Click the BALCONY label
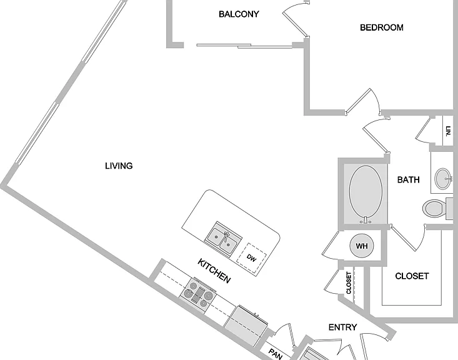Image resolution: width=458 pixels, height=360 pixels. pyautogui.click(x=239, y=14)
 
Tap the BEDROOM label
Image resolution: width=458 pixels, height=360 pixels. pyautogui.click(x=382, y=27)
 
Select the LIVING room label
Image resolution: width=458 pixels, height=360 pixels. pyautogui.click(x=119, y=166)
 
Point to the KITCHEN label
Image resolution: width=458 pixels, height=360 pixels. pyautogui.click(x=214, y=271)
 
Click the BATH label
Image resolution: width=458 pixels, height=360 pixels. pyautogui.click(x=409, y=179)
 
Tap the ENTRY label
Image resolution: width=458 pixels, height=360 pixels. pyautogui.click(x=342, y=327)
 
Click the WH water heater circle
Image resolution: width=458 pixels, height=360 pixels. pyautogui.click(x=362, y=246)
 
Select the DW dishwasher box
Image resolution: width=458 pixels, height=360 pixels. pyautogui.click(x=251, y=258)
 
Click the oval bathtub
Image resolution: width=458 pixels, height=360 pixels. pyautogui.click(x=366, y=194)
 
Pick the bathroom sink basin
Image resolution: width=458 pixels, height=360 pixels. pyautogui.click(x=442, y=179)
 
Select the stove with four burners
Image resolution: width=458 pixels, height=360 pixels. pyautogui.click(x=197, y=293)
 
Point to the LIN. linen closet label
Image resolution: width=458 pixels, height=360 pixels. pyautogui.click(x=449, y=131)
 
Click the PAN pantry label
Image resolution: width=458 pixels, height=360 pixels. pyautogui.click(x=275, y=354)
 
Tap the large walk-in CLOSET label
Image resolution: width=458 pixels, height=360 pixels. pyautogui.click(x=412, y=276)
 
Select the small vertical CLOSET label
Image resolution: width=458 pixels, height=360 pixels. pyautogui.click(x=349, y=282)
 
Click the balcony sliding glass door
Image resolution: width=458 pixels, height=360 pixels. pyautogui.click(x=244, y=46)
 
